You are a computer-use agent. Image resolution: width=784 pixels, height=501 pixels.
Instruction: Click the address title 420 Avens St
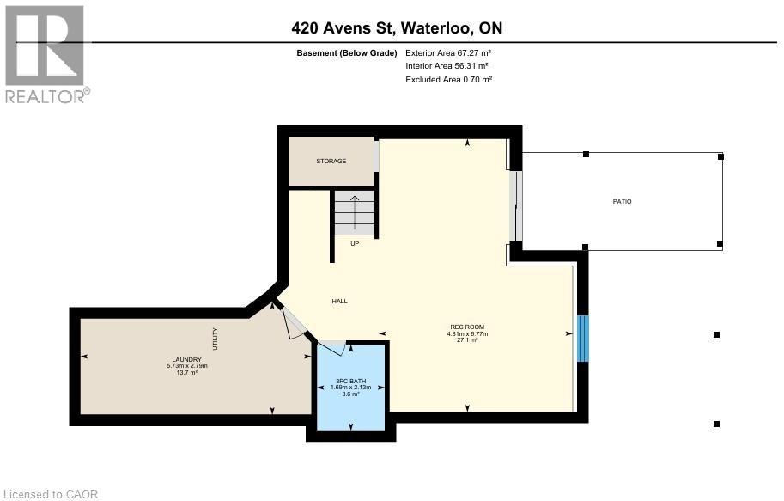pos(397,28)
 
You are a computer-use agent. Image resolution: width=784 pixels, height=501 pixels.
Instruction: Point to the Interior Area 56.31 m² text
pos(447,66)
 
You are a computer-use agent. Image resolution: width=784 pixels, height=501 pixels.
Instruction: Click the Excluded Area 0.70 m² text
pos(448,80)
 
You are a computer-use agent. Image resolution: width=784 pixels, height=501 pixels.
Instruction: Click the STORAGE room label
pos(331,162)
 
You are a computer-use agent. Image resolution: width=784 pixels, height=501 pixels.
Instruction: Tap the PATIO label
pos(622,201)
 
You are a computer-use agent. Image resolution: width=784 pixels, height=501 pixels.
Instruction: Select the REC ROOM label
pos(467,327)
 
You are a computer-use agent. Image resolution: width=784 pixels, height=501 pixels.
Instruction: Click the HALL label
pos(339,301)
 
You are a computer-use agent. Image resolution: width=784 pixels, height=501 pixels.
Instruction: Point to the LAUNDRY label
pos(186,359)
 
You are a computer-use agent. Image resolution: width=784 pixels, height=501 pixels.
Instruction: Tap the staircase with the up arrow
pos(354,212)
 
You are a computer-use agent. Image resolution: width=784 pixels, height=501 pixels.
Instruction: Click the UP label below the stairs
pos(354,244)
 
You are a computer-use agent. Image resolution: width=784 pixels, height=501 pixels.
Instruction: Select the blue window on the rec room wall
pos(582,338)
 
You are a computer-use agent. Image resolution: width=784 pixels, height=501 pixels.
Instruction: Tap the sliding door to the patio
pos(515,206)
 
